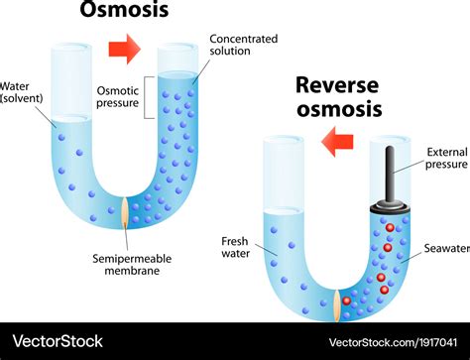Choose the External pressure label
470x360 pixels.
click(445, 159)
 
